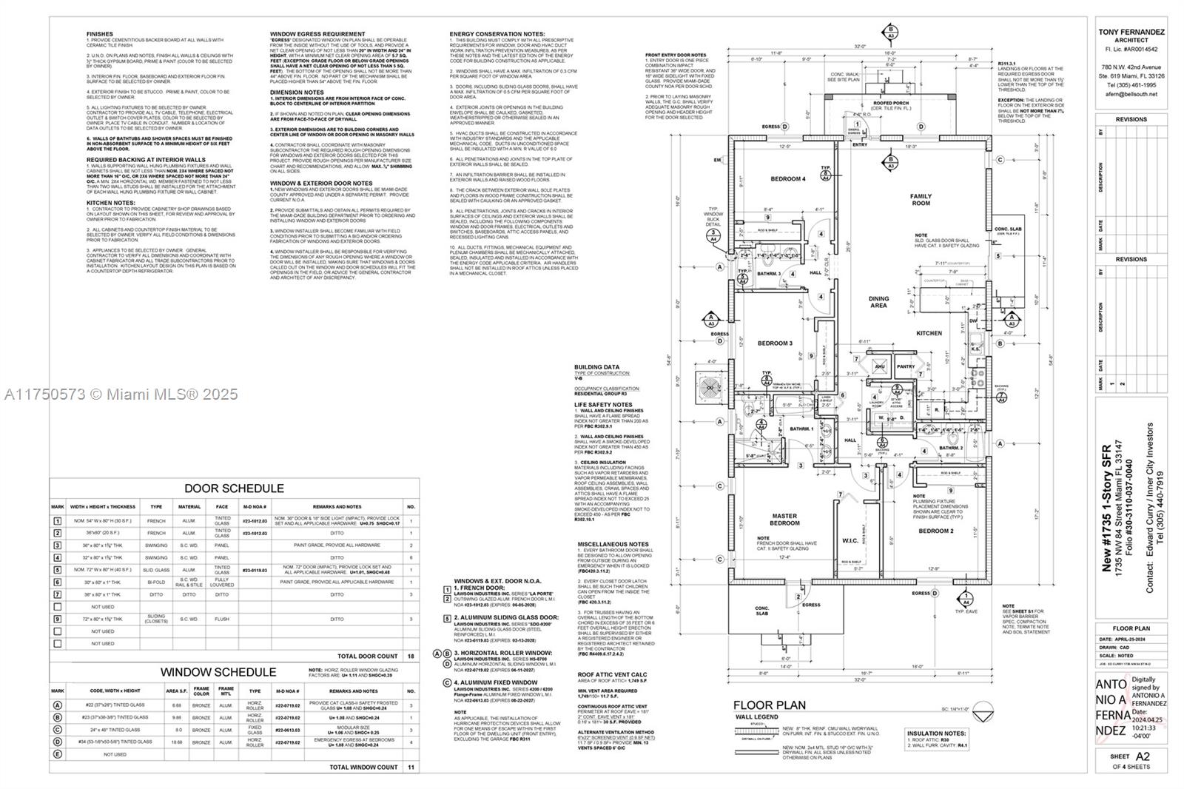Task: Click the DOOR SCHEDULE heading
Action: pos(234,488)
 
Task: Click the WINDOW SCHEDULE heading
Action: pos(218,672)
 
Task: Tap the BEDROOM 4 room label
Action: pos(788,179)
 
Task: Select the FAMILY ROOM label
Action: pos(921,200)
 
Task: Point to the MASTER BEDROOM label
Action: pos(784,520)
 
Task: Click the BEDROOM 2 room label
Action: pos(935,531)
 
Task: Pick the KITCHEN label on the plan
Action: pos(929,333)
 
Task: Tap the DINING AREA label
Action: pos(878,302)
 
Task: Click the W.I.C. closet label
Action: pos(850,540)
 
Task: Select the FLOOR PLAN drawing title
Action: pos(770,705)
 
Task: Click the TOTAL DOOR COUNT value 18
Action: pos(411,656)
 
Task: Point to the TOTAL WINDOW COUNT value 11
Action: pos(411,768)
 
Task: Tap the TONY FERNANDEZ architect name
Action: pos(1131,32)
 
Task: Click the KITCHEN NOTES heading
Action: pos(110,203)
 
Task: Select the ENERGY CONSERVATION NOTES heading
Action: pos(497,34)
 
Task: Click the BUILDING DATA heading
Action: pos(596,367)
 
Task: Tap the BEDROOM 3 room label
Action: pos(775,343)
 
